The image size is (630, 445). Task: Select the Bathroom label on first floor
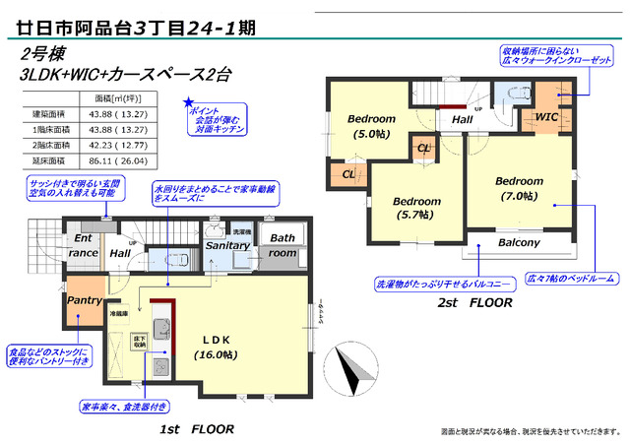(283, 245)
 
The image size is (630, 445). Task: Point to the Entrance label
(84, 245)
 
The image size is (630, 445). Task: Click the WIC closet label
(547, 117)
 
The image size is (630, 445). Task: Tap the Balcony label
(518, 242)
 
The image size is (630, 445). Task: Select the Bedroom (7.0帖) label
(519, 189)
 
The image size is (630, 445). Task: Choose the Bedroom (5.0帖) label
(371, 125)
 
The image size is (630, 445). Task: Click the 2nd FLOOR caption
(475, 303)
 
